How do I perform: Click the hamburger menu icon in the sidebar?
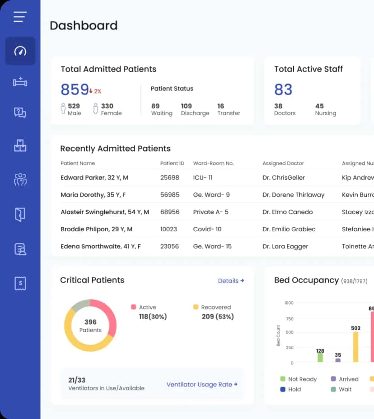coord(20,17)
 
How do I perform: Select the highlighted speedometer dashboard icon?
coord(20,51)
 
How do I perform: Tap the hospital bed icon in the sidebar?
coord(20,82)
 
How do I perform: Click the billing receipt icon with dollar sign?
coord(20,283)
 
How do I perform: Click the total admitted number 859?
coord(75,90)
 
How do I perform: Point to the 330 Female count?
coord(107,109)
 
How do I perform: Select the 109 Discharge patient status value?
coord(195,109)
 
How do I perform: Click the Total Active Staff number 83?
coord(283,90)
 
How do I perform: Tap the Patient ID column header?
coord(172,163)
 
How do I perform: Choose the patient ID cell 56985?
coord(170,195)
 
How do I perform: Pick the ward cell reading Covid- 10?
coord(207,229)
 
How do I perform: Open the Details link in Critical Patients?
coord(231,281)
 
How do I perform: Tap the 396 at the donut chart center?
coord(90,322)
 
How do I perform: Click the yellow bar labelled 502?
coord(355,346)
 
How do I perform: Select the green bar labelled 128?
coord(320,357)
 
